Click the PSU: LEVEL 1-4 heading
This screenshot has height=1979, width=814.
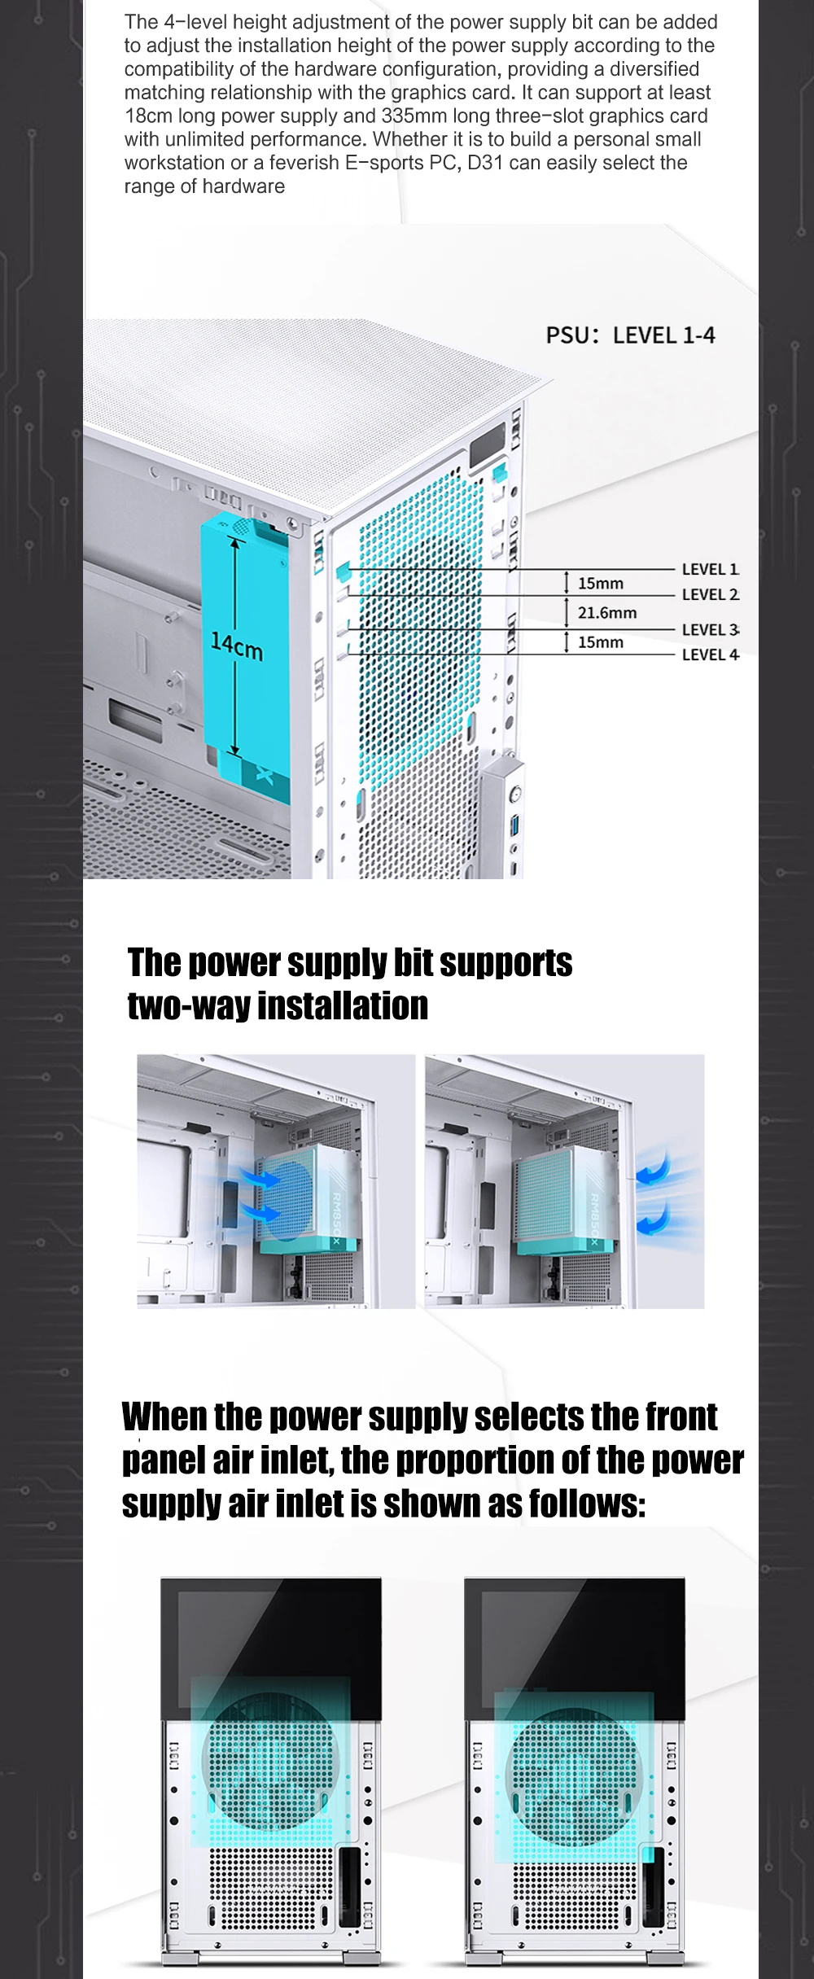[x=630, y=335]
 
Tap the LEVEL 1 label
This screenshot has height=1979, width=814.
[x=710, y=569]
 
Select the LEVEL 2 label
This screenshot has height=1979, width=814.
[x=710, y=594]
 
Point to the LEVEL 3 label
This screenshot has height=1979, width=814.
[x=710, y=629]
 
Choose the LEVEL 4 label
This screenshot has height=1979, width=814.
[x=710, y=655]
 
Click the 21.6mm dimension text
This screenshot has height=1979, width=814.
[x=607, y=613]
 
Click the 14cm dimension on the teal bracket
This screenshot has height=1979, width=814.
[x=237, y=646]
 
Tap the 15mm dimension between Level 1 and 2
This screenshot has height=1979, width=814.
[x=601, y=584]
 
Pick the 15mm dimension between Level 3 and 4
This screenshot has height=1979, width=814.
[x=601, y=642]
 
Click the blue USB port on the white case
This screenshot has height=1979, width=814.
[x=514, y=828]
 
